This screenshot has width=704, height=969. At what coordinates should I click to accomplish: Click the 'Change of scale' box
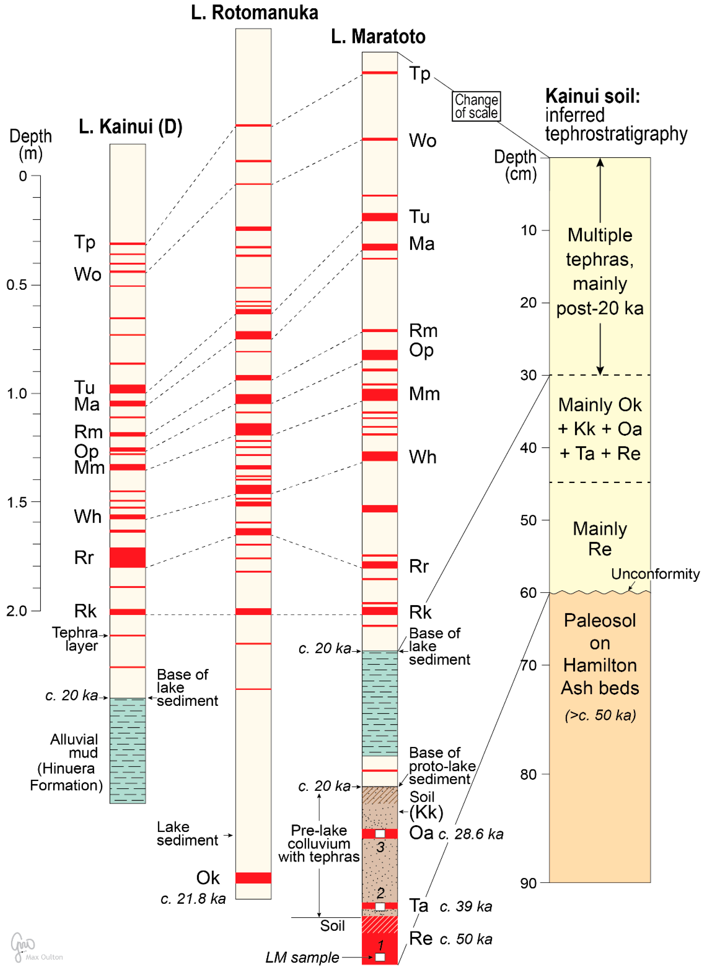(476, 106)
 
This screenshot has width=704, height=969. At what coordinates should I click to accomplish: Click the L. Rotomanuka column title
(254, 13)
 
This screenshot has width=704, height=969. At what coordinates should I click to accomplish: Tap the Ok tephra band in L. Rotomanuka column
(253, 878)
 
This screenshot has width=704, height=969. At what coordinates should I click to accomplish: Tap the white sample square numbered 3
(379, 833)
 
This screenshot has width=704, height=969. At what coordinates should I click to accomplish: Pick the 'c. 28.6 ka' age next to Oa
(471, 834)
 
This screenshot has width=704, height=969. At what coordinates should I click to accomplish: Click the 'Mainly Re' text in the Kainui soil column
(600, 539)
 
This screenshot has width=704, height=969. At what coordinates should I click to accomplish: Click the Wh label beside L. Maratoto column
(423, 457)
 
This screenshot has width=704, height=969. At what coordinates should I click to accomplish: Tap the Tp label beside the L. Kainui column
(84, 242)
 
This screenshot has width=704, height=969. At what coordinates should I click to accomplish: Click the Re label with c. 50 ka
(421, 939)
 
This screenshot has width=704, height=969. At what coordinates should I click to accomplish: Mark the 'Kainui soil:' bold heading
(593, 96)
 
